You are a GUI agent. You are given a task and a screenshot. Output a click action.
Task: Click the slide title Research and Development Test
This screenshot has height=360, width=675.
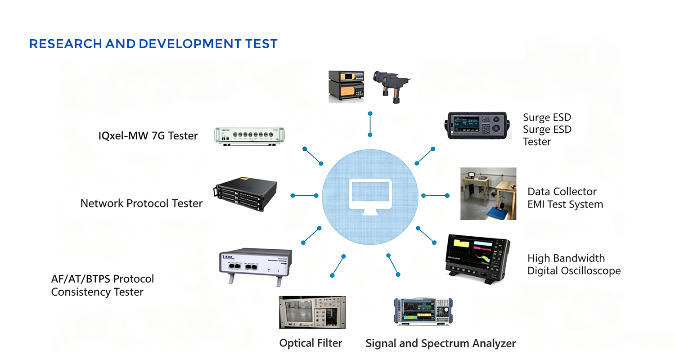(153, 44)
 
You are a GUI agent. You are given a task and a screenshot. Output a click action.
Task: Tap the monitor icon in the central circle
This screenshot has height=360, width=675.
(370, 197)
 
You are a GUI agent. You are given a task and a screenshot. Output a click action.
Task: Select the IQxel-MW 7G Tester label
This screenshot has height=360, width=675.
(148, 135)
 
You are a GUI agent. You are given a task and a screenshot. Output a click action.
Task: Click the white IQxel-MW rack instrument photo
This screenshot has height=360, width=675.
(249, 136)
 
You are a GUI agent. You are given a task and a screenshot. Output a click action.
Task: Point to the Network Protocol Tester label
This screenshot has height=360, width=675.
(141, 203)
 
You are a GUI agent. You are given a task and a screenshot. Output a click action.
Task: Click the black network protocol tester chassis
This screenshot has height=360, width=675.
(245, 193)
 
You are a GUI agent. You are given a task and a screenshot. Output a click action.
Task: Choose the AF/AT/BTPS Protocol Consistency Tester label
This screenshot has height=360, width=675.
(103, 285)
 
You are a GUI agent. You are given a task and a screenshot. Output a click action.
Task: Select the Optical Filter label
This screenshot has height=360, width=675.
(310, 343)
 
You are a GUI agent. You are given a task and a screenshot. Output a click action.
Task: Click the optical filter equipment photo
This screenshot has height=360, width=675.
(312, 312)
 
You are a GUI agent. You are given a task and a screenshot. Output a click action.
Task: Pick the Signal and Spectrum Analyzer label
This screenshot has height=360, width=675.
(441, 343)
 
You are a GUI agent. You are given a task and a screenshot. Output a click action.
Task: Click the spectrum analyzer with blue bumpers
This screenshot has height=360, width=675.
(423, 311)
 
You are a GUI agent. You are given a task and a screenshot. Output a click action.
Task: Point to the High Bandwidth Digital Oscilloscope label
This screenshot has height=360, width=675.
(574, 265)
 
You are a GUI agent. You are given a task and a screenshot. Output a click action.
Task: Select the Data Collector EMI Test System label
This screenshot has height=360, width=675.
(565, 198)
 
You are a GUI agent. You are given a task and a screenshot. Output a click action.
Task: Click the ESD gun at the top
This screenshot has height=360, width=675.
(391, 86)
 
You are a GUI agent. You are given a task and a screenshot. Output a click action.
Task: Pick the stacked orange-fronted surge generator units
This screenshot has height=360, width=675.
(346, 87)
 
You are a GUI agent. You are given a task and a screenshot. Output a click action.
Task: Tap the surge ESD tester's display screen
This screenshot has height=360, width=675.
(467, 123)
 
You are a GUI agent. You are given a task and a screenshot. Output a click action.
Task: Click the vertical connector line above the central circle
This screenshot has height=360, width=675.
(370, 124)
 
